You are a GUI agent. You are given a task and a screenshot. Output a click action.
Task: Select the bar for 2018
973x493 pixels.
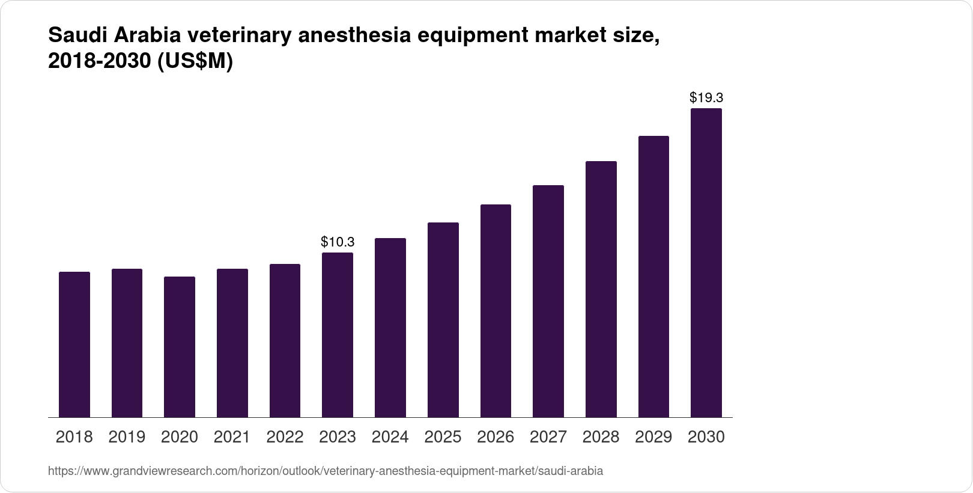[x=74, y=344]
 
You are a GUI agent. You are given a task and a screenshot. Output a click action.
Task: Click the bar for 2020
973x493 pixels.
[x=180, y=347]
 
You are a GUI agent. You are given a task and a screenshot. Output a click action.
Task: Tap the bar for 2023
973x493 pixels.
[x=338, y=335]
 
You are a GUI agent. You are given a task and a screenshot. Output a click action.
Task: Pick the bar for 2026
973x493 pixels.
[x=496, y=311]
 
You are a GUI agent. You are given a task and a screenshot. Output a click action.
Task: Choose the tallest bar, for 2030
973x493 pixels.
[x=706, y=263]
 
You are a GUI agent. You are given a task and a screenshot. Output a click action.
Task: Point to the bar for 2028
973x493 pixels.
[x=601, y=289]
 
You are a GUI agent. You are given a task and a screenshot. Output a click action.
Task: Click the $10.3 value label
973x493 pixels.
[x=338, y=242]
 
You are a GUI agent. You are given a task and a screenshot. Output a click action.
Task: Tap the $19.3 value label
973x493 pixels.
[x=706, y=97]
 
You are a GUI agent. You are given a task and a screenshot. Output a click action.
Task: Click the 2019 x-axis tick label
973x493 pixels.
[x=127, y=437]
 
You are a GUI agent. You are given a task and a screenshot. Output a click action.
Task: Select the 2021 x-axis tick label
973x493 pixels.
[x=232, y=437]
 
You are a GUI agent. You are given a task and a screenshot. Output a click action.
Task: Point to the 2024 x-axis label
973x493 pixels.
[x=390, y=437]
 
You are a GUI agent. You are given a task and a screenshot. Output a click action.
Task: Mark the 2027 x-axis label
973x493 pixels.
[x=548, y=437]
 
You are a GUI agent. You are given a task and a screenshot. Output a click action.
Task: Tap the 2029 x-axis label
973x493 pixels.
[x=653, y=437]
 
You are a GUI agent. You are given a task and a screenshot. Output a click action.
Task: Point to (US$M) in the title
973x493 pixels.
[x=195, y=62]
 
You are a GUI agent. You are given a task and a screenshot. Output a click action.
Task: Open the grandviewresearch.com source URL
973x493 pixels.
[x=325, y=471]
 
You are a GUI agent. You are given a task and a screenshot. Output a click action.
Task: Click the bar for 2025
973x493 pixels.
[x=443, y=320]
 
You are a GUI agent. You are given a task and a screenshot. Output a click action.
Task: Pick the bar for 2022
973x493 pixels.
[x=285, y=340]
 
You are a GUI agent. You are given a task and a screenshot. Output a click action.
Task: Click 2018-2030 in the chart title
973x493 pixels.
[x=100, y=62]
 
